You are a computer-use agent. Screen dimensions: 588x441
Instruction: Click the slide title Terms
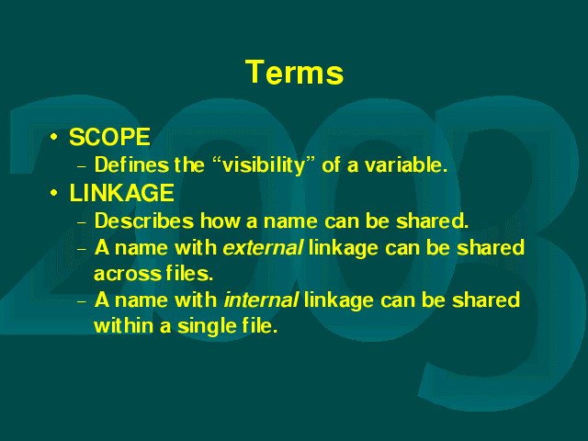[x=294, y=72]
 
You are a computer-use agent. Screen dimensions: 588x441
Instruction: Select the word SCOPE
[x=110, y=137]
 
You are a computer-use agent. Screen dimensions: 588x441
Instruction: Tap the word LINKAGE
[x=122, y=193]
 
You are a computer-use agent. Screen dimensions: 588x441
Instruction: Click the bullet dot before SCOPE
[x=54, y=137]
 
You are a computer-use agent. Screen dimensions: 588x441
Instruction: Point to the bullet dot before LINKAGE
[x=54, y=193]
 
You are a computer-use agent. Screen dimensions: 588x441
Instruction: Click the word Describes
[x=144, y=220]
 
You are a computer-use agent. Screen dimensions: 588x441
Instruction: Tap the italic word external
[x=263, y=248]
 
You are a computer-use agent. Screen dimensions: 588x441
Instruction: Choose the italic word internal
[x=261, y=300]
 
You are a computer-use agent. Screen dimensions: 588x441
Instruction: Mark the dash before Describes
[x=82, y=222]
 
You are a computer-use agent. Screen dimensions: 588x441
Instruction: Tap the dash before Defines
[x=82, y=166]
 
